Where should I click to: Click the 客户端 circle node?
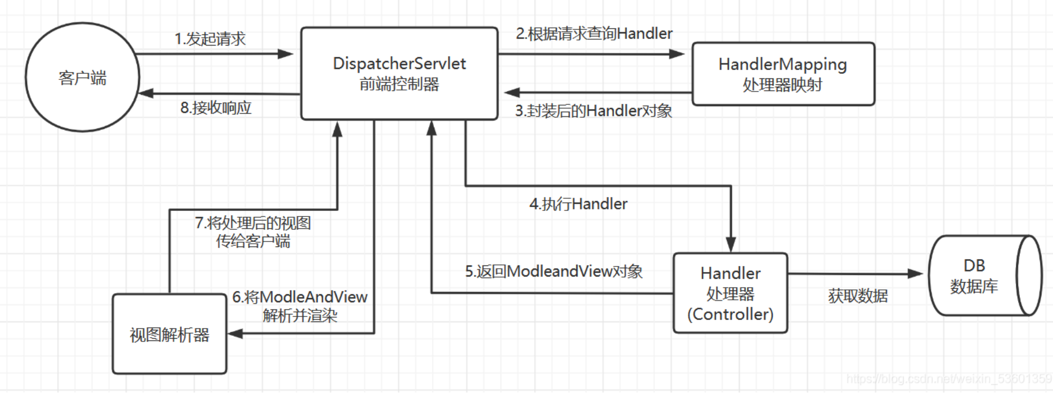pyautogui.click(x=82, y=77)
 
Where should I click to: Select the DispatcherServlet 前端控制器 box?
pyautogui.click(x=399, y=73)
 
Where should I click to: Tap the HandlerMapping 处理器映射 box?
pyautogui.click(x=783, y=74)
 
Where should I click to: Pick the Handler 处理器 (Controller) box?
pyautogui.click(x=730, y=293)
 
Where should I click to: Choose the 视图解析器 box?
pyautogui.click(x=169, y=334)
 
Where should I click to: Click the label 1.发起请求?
pyautogui.click(x=210, y=39)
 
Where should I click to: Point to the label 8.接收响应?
pyautogui.click(x=216, y=108)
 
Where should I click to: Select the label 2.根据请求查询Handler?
pyautogui.click(x=594, y=34)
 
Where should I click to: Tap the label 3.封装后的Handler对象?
pyautogui.click(x=593, y=111)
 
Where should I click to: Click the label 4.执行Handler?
pyautogui.click(x=578, y=204)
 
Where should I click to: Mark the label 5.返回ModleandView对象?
pyautogui.click(x=553, y=272)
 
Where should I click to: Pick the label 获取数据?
pyautogui.click(x=858, y=296)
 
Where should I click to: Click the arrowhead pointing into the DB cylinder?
pyautogui.click(x=915, y=273)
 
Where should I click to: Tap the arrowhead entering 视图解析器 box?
pyautogui.click(x=235, y=334)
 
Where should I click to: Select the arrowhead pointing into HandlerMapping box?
pyautogui.click(x=677, y=54)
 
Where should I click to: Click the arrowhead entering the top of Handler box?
pyautogui.click(x=731, y=245)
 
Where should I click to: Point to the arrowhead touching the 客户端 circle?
pyautogui.click(x=145, y=93)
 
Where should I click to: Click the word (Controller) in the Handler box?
pyautogui.click(x=730, y=314)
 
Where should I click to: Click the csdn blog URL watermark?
pyautogui.click(x=949, y=379)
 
